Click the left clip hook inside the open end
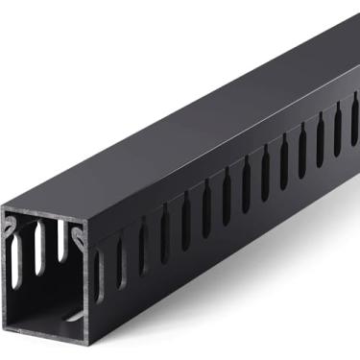tap(12, 227)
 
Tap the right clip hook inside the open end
tap(76, 230)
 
